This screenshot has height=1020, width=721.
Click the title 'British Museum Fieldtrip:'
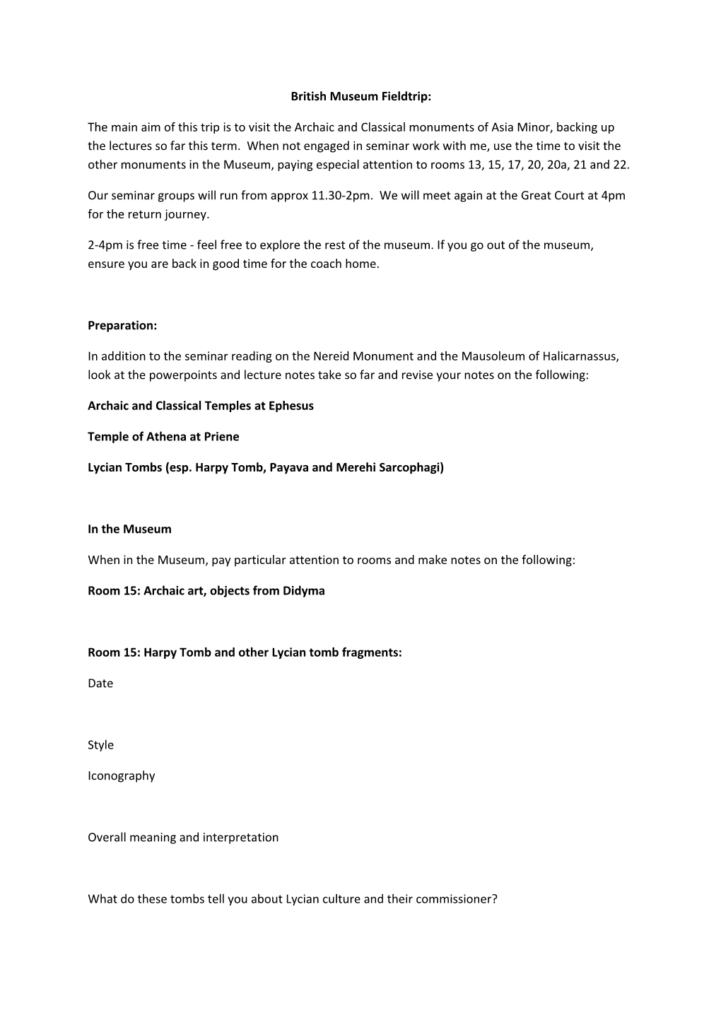tap(360, 96)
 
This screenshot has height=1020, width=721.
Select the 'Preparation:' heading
tap(122, 325)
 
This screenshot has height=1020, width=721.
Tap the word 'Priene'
tap(221, 436)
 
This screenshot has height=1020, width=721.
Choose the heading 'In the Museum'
tap(129, 529)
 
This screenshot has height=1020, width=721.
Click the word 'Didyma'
tap(303, 590)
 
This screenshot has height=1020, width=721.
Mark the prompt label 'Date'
tap(100, 683)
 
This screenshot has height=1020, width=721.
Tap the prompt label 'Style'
tap(100, 744)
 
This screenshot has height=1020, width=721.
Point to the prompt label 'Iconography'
tap(121, 775)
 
